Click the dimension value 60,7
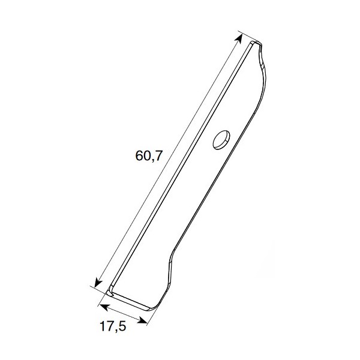[x=149, y=155]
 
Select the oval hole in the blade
[x=221, y=140]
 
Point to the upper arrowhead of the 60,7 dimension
[x=239, y=38]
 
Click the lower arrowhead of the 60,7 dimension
[x=98, y=282]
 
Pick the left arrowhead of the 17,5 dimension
[x=104, y=307]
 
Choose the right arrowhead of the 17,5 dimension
[x=142, y=320]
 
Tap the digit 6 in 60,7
[x=139, y=155]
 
